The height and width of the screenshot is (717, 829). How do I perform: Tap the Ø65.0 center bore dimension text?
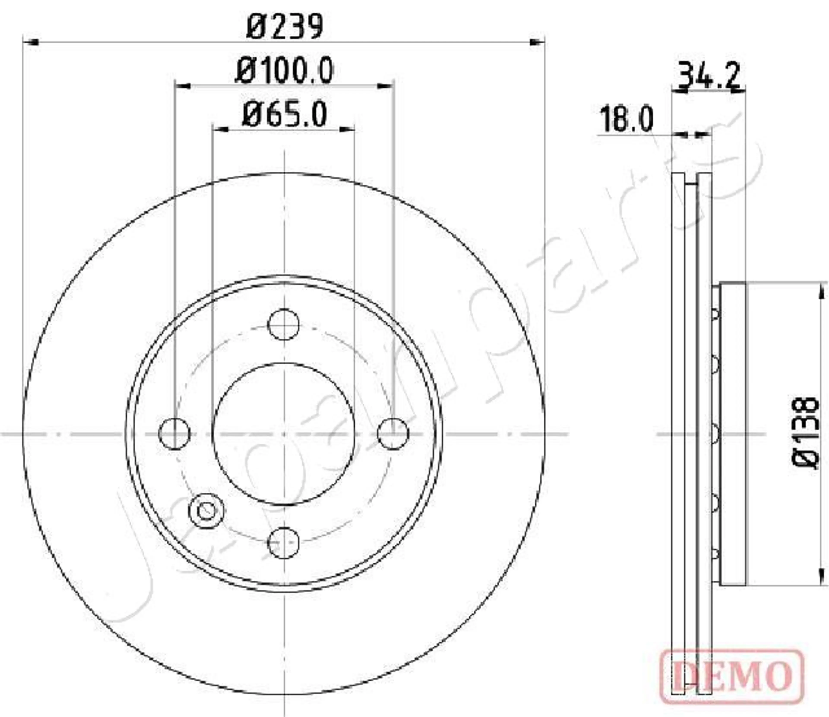[x=284, y=115]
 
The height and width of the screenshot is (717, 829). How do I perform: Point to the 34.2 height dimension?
[x=708, y=76]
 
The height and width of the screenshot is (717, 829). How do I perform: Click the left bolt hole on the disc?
[x=174, y=433]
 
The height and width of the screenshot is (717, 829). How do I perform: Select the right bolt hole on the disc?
[x=393, y=433]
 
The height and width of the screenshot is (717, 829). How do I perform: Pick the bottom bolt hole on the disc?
[x=283, y=543]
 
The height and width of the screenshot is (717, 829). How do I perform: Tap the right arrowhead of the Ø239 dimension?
[x=538, y=42]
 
